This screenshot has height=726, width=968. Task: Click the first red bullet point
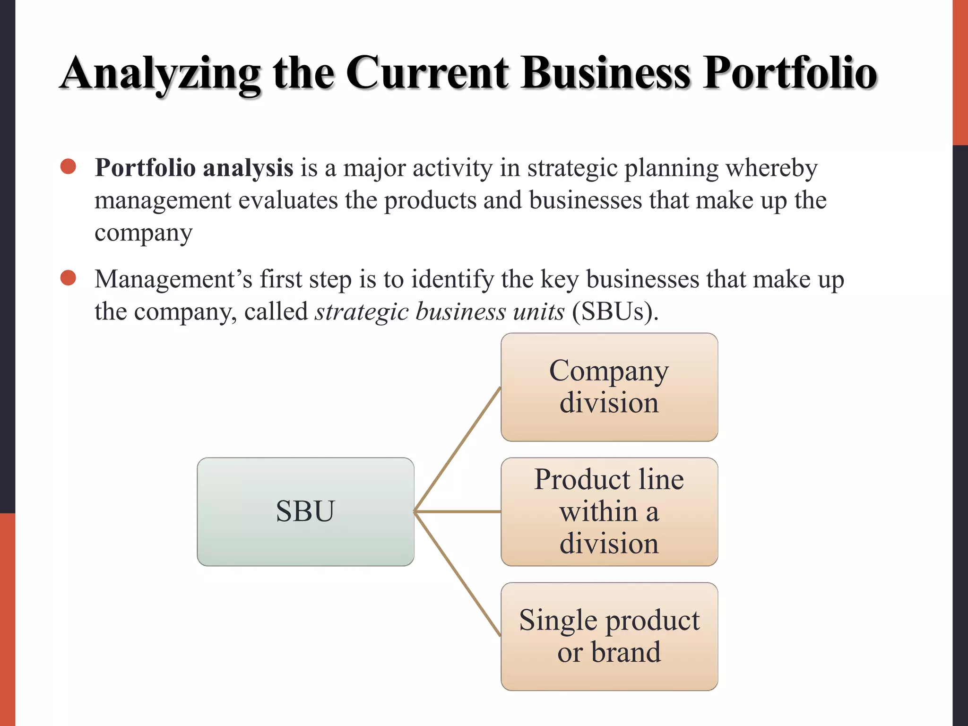click(69, 166)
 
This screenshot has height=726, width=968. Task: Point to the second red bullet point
click(69, 278)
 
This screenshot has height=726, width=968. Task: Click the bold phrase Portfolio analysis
click(194, 168)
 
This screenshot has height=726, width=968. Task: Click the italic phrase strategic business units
click(440, 311)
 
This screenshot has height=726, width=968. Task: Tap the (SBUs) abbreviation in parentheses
click(614, 311)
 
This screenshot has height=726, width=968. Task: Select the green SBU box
click(305, 511)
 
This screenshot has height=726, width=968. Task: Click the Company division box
click(609, 387)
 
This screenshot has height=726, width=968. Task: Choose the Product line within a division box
click(609, 511)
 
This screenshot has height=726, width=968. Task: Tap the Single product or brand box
click(609, 636)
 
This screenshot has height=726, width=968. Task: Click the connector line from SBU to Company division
click(457, 449)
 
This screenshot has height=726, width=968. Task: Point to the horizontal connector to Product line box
click(457, 511)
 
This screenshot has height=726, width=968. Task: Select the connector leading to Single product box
click(457, 574)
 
